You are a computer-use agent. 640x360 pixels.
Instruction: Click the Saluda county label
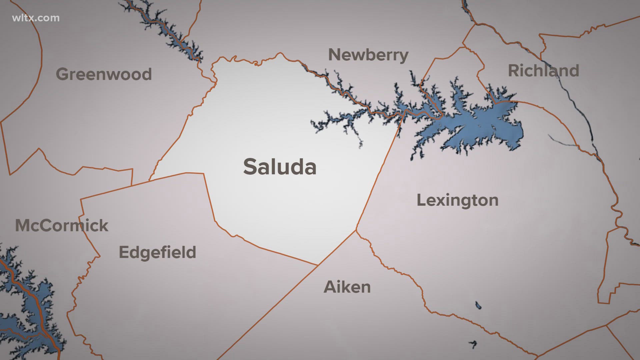(x=280, y=167)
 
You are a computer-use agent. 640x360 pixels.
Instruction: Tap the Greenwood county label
(x=104, y=74)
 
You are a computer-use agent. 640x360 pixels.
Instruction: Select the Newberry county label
(x=368, y=55)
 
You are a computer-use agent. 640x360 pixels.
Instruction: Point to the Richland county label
(x=543, y=71)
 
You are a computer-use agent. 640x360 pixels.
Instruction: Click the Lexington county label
(x=457, y=200)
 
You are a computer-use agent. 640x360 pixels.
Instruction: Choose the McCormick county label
(x=62, y=226)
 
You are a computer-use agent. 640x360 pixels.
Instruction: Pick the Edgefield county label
(x=157, y=252)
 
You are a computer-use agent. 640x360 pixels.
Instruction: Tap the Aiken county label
(x=347, y=287)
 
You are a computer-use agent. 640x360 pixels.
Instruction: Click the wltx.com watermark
(x=36, y=18)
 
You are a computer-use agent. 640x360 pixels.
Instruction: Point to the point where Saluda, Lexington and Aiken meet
(x=356, y=230)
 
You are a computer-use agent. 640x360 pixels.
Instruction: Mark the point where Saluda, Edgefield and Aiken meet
(x=318, y=265)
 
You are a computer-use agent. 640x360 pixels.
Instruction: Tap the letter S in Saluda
(x=251, y=167)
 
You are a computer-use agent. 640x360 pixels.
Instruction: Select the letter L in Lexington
(x=421, y=200)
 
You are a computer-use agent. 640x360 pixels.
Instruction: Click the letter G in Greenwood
(x=63, y=74)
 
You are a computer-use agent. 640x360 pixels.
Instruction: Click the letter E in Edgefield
(x=124, y=252)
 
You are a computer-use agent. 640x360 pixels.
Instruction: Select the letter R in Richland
(x=514, y=71)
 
